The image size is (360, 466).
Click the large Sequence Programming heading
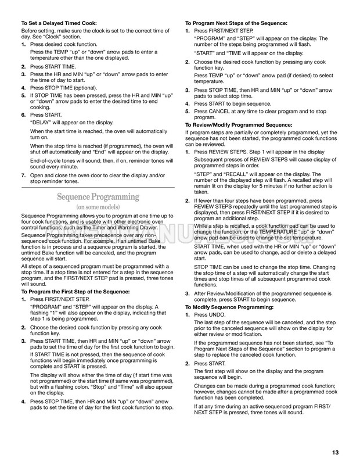point(99,196)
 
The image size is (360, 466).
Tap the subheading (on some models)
point(98,207)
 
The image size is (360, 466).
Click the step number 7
point(23,175)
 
